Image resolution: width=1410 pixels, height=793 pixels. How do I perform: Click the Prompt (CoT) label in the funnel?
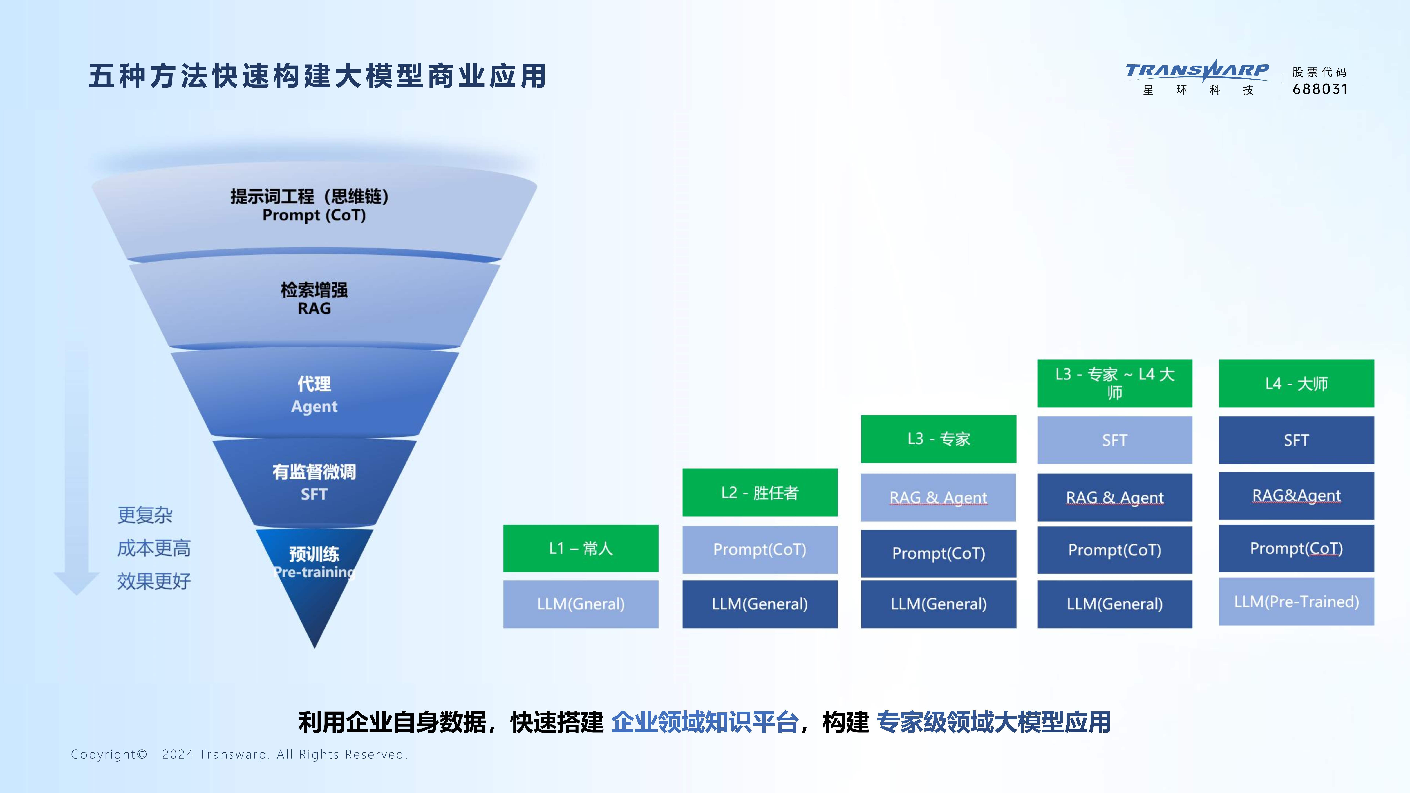(314, 215)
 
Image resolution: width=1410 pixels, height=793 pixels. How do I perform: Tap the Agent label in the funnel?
(314, 406)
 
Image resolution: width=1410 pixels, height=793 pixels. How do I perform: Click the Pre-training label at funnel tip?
(314, 572)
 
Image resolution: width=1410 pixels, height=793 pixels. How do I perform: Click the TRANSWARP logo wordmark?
(1197, 71)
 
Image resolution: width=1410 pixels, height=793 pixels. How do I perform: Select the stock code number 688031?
(1320, 89)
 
